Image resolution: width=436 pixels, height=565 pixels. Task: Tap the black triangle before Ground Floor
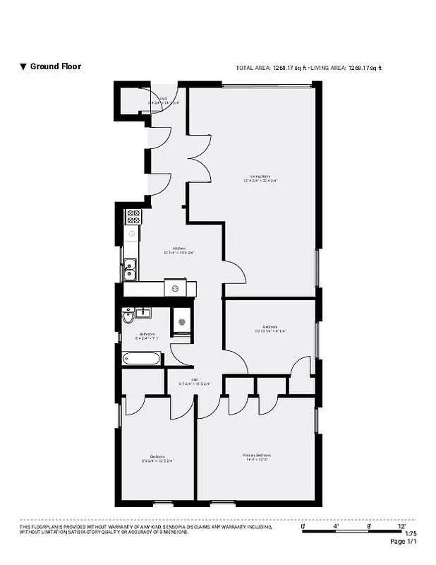[x=23, y=67]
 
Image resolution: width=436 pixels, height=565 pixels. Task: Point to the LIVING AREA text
[x=346, y=68]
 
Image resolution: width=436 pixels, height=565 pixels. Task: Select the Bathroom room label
[x=147, y=335]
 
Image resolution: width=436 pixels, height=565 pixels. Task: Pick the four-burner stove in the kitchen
[x=133, y=216]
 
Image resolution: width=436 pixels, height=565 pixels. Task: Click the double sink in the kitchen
[x=131, y=267]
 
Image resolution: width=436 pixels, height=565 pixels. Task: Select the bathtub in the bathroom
[x=142, y=358]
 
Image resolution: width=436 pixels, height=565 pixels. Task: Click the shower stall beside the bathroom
[x=181, y=321]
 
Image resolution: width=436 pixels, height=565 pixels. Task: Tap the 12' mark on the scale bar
[x=401, y=526]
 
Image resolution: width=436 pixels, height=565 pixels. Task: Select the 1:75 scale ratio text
[x=411, y=534]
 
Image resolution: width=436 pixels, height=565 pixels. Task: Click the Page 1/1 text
[x=404, y=542]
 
